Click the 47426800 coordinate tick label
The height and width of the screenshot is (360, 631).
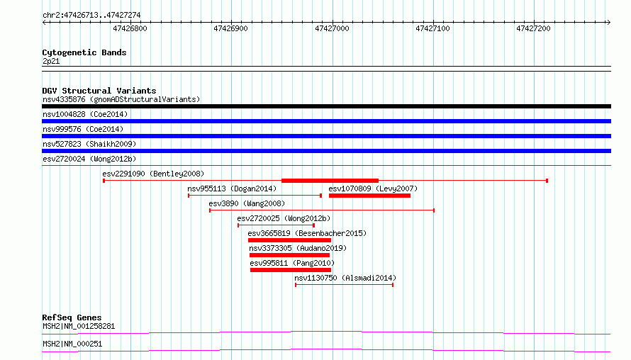(x=130, y=28)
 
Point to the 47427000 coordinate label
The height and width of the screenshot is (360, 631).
(x=332, y=28)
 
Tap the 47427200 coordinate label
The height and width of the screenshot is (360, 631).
(x=533, y=28)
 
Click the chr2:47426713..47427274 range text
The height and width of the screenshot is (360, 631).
(x=91, y=16)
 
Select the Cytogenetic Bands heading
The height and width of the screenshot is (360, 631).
(x=84, y=52)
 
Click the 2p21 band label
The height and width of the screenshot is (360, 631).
(x=51, y=61)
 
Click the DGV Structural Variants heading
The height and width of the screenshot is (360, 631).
(x=99, y=91)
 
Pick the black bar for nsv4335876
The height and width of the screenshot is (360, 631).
(x=326, y=106)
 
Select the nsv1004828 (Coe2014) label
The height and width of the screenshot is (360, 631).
(x=85, y=114)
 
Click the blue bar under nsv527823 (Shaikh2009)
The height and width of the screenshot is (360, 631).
(x=326, y=151)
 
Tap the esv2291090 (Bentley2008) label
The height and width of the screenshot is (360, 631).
(x=153, y=174)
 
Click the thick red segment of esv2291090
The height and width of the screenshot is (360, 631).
(x=330, y=181)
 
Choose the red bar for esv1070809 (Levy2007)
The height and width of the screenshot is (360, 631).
(x=370, y=196)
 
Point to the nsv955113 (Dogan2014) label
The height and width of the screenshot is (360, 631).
(x=232, y=189)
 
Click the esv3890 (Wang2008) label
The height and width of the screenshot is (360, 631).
(x=247, y=203)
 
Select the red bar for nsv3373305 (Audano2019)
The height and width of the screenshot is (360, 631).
(x=290, y=255)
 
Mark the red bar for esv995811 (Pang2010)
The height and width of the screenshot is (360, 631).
(x=291, y=270)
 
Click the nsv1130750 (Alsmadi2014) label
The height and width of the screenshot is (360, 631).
(x=345, y=278)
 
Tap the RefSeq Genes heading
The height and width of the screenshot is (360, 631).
(x=72, y=317)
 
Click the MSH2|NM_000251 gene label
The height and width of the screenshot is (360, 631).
(x=72, y=344)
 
